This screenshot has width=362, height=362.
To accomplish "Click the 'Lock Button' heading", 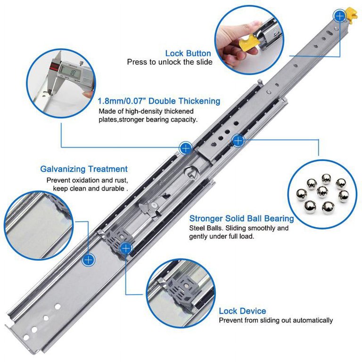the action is tap(188, 53).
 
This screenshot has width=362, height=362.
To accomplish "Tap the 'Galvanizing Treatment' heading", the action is tap(84, 169).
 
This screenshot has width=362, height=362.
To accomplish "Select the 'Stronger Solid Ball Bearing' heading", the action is tap(241, 218).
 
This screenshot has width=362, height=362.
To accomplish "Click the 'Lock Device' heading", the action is tap(242, 311).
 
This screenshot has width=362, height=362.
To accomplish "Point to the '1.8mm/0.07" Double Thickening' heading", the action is tap(159, 101).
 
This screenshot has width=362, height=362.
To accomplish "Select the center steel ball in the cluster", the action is tap(322, 192).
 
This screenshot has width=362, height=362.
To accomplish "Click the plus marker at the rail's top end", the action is tap(339, 16).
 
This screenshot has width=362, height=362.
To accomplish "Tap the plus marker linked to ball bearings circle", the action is tap(238, 140).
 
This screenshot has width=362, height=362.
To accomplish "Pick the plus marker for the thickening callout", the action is tap(186, 148).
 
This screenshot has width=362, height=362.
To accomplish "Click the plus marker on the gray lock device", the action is tap(126, 248).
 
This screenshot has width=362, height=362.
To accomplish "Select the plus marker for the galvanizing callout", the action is tap(89, 260).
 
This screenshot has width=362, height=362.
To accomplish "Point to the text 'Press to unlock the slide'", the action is tap(170, 62).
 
